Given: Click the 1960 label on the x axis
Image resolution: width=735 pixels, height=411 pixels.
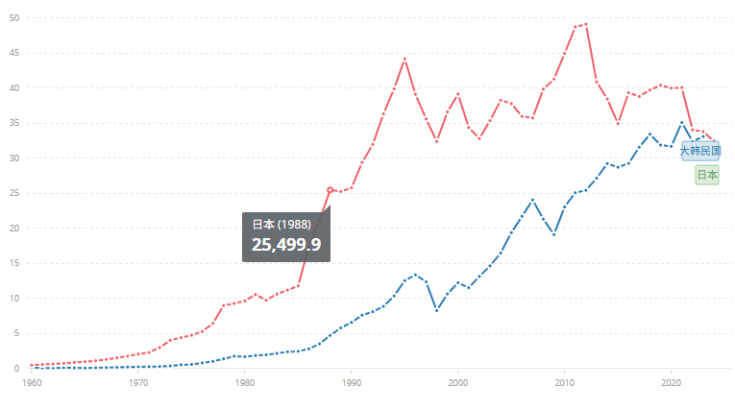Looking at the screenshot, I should pyautogui.click(x=33, y=382).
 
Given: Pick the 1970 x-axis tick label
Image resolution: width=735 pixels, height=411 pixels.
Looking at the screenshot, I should pyautogui.click(x=139, y=382).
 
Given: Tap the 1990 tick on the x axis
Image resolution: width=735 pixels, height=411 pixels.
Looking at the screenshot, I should pyautogui.click(x=352, y=382).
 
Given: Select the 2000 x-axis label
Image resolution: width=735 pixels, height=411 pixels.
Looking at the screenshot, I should pyautogui.click(x=458, y=382).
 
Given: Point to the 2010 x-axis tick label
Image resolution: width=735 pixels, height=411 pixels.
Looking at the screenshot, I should pyautogui.click(x=565, y=382).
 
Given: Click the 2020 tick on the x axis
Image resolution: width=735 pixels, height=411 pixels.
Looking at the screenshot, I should pyautogui.click(x=672, y=382).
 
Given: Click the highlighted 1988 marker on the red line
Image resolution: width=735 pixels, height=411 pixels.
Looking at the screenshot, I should pyautogui.click(x=331, y=190).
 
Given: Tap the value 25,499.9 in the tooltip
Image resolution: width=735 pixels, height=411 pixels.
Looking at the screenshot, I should pyautogui.click(x=286, y=244).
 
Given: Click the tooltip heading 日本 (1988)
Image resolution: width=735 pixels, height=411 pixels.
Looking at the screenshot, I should pyautogui.click(x=282, y=224).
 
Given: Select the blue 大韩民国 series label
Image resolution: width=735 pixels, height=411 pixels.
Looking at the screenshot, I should pyautogui.click(x=700, y=151).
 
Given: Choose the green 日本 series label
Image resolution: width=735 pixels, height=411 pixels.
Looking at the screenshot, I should pyautogui.click(x=707, y=175).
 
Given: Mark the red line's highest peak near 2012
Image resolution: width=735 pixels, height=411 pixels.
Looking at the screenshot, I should pyautogui.click(x=586, y=24).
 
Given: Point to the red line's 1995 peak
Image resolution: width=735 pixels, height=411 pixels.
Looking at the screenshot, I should pyautogui.click(x=405, y=59).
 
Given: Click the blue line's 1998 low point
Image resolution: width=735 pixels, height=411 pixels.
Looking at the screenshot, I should pyautogui.click(x=437, y=310).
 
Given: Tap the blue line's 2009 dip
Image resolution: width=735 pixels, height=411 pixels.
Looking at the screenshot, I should pyautogui.click(x=554, y=234).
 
